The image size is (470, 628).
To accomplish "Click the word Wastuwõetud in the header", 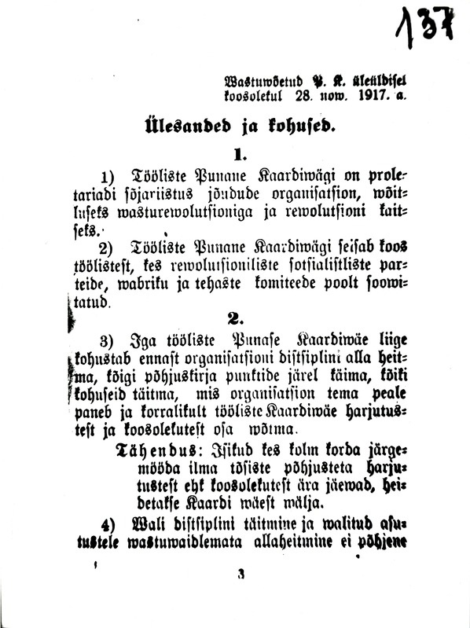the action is click(255, 80).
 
